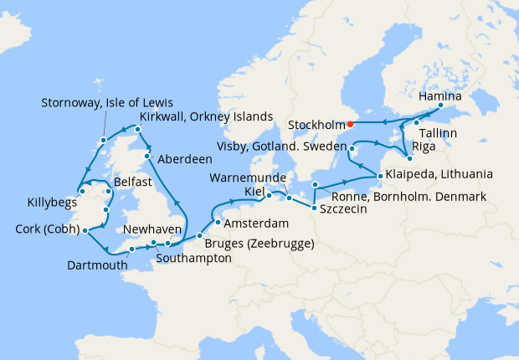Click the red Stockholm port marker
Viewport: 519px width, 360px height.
point(350,125)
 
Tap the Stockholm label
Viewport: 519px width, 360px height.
point(315,125)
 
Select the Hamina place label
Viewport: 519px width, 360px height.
point(439,96)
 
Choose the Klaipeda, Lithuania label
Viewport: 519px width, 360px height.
point(439,175)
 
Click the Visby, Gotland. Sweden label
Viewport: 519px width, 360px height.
point(280,147)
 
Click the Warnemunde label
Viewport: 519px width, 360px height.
point(247,179)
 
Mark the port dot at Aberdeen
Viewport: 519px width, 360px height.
point(147,157)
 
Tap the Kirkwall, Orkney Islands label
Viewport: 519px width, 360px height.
point(207,116)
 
